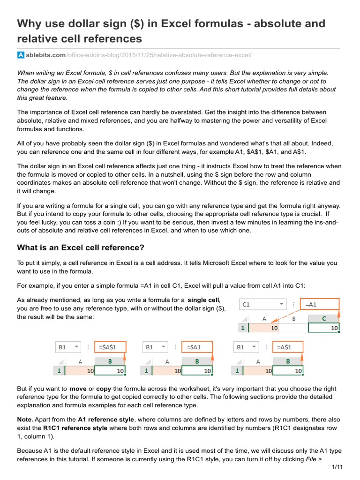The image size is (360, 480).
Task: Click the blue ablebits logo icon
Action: [x=21, y=55]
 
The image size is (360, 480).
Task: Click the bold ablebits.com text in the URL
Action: [x=45, y=55]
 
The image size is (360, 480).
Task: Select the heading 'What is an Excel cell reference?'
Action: [x=81, y=247]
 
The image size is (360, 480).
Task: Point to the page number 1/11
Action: [x=337, y=467]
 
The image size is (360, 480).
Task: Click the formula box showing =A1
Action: [x=321, y=304]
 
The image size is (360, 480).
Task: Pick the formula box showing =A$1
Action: [x=288, y=347]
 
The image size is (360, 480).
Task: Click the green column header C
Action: [x=324, y=318]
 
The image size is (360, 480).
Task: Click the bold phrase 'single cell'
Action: [x=203, y=300]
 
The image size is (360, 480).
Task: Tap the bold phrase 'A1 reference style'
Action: [x=106, y=419]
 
